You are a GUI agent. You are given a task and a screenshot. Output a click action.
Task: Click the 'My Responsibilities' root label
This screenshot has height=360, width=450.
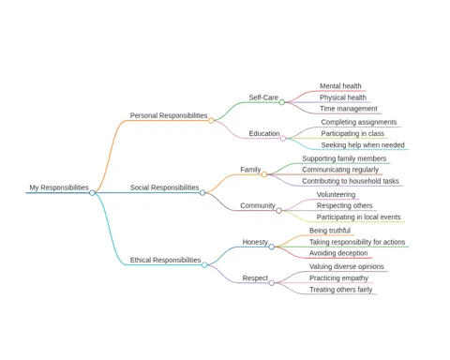point(59,187)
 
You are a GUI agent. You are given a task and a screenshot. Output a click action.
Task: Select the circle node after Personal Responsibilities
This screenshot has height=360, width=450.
point(211,120)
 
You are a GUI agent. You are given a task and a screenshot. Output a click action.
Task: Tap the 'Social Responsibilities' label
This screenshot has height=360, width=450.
point(164,187)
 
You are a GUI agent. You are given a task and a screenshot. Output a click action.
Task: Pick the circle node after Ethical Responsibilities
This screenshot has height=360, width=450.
point(204,265)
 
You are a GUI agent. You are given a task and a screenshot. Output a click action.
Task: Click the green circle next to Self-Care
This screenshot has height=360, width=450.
point(282,102)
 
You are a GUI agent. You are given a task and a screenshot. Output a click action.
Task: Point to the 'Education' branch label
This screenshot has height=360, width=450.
point(264,133)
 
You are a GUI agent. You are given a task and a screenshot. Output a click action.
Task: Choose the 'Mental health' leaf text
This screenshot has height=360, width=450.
point(340,86)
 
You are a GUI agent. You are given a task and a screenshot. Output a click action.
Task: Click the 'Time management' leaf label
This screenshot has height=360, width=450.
point(349,109)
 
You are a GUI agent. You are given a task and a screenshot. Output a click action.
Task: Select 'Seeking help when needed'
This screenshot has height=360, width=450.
point(363,145)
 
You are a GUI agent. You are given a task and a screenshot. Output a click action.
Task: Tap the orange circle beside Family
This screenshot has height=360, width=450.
point(264,174)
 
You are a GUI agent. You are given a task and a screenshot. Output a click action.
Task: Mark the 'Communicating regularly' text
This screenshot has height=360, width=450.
point(340,170)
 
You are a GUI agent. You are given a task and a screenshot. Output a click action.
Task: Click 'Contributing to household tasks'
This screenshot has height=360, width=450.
point(351,181)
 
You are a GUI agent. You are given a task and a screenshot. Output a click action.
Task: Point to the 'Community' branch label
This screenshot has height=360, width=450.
point(258,205)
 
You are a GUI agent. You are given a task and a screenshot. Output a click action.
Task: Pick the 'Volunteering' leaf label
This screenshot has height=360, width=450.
point(336,195)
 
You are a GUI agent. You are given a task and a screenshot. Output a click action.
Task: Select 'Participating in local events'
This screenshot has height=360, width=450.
point(358,217)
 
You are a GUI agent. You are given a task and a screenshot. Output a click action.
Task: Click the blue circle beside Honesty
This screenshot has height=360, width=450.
point(272,247)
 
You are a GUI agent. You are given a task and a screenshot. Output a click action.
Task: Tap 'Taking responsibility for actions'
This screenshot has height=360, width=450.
point(357,242)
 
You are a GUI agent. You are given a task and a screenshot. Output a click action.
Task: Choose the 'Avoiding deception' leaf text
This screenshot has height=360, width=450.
point(338,253)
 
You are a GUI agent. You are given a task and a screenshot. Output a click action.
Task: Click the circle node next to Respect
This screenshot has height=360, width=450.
point(272,283)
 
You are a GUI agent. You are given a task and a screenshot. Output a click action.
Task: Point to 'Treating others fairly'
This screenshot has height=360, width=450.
point(340,290)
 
